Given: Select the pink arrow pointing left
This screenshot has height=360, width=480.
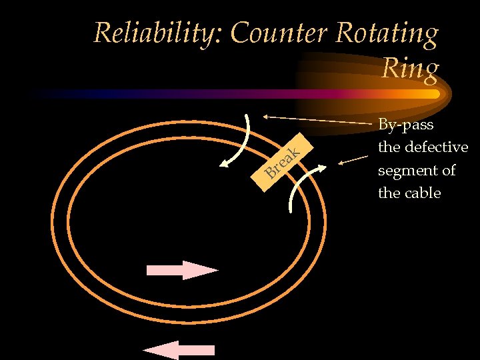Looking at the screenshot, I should pyautogui.click(x=179, y=350).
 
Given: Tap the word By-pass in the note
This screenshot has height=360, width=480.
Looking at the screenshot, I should pyautogui.click(x=405, y=125).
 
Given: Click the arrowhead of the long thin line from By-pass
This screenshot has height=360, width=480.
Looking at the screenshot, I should pyautogui.click(x=266, y=116).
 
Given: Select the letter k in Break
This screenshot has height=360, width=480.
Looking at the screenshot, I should pyautogui.click(x=301, y=150).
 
